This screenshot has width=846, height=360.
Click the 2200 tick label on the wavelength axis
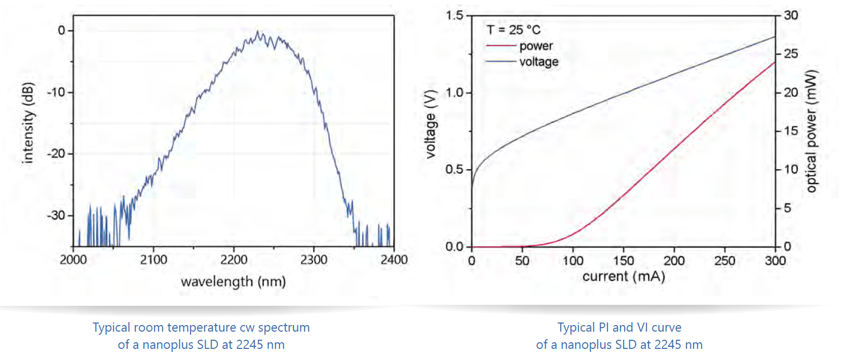point(234,260)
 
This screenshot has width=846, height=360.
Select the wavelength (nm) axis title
point(233,282)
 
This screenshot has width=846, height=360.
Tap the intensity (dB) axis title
point(28,123)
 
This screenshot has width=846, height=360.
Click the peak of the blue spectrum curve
point(258,32)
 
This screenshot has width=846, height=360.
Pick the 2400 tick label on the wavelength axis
point(394,260)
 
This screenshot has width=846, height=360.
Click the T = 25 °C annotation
point(513,30)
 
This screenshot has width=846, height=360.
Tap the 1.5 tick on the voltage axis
point(454,15)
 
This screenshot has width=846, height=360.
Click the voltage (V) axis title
point(431,124)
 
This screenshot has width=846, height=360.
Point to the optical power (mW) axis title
point(812,131)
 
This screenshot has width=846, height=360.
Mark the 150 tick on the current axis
point(623,261)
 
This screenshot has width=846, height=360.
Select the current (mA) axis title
point(624,276)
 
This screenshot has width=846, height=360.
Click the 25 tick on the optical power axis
point(791,54)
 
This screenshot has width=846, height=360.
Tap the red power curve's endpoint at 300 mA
point(775,62)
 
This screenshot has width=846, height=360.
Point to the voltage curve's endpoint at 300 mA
point(775,37)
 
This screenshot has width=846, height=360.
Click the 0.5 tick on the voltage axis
point(454,169)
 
